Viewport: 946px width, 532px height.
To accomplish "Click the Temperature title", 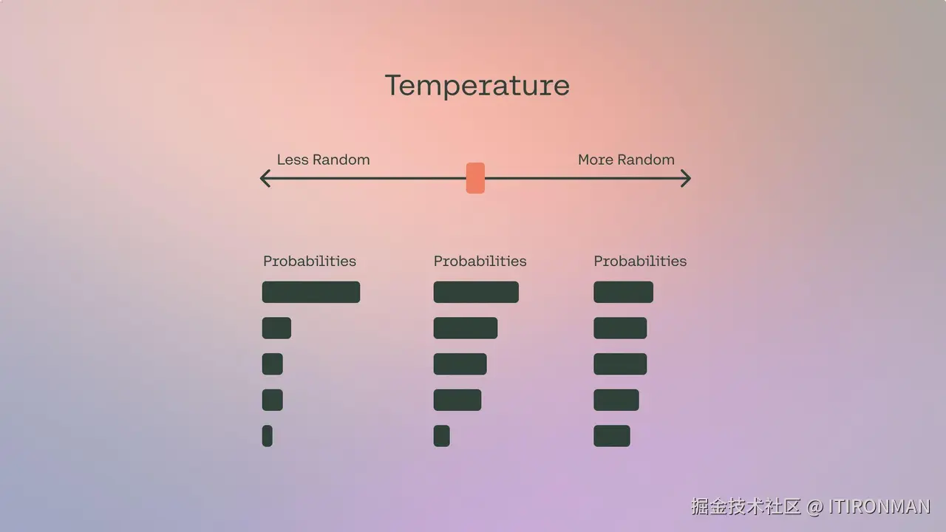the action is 477,86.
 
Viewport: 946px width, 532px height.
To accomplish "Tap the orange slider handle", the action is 475,178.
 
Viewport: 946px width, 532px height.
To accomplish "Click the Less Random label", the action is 323,160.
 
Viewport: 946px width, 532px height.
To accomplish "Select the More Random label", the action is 626,160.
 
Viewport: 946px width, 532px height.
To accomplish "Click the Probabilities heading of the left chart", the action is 310,261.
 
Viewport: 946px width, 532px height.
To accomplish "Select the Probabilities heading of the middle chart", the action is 480,261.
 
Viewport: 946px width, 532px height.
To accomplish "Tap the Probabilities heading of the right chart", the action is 640,261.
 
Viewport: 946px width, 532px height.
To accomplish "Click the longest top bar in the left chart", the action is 311,292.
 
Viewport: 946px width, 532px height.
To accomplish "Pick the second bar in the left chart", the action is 276,328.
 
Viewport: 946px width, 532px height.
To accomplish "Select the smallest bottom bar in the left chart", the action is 268,436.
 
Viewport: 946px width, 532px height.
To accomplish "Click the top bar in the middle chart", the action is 476,292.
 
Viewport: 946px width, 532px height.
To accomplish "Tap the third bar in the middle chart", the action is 460,364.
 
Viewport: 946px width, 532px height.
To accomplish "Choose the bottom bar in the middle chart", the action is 442,436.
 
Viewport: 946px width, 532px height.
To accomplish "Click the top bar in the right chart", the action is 623,292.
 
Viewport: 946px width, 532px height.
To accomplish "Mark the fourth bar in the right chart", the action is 616,400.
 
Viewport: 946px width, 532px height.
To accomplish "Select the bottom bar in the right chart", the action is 612,436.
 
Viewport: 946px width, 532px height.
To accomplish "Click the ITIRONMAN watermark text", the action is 879,507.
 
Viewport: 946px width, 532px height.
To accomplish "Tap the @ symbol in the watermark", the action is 814,507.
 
